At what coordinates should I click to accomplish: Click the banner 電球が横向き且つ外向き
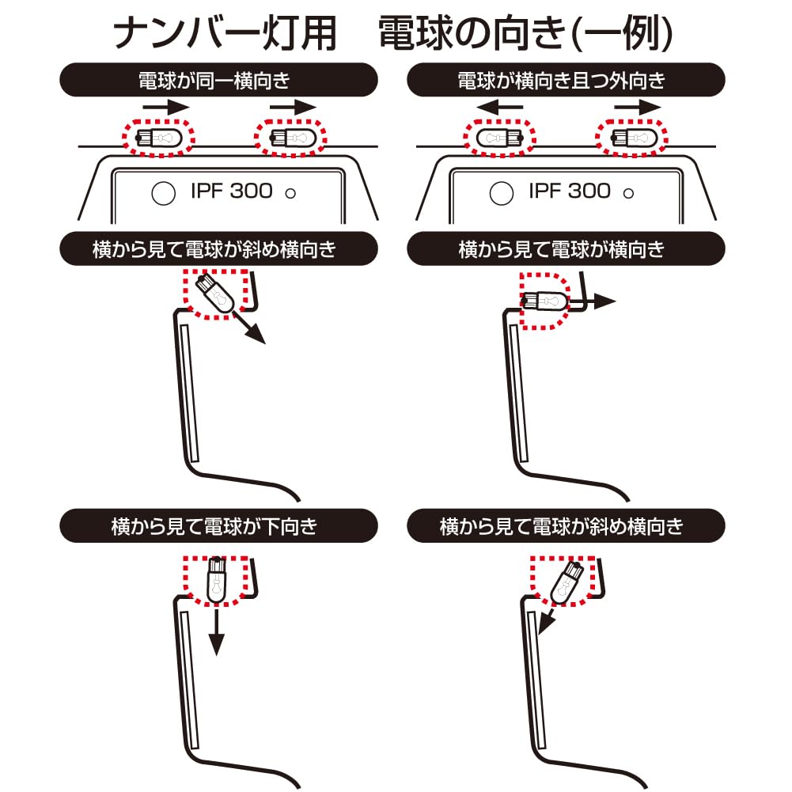(566, 80)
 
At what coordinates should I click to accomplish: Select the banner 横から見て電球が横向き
(566, 250)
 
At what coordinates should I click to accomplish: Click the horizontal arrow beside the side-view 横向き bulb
(599, 301)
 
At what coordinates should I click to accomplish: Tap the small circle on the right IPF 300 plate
(629, 193)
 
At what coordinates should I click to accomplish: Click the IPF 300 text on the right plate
(570, 191)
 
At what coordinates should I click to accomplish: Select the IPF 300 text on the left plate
(232, 191)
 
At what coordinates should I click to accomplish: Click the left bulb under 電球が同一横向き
(157, 137)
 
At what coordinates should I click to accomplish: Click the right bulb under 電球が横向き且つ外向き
(630, 137)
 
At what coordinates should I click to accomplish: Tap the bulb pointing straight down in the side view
(215, 579)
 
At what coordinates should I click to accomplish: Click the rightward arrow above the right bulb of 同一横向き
(293, 107)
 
